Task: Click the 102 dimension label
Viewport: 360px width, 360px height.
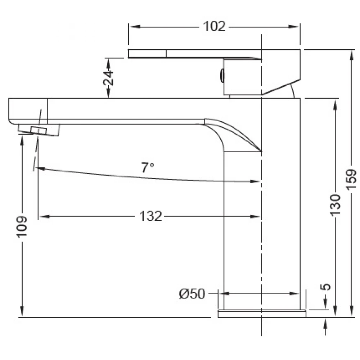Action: coord(214,26)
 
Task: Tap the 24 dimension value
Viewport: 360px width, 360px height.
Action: coord(108,78)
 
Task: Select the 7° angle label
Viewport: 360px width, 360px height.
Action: coord(148,168)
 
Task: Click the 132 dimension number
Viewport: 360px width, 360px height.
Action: coord(150,216)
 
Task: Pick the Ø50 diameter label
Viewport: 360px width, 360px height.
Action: coord(192,294)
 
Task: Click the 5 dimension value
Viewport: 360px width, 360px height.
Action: coord(325,287)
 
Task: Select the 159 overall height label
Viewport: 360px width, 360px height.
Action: coord(351,180)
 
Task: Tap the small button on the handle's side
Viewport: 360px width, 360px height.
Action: coord(222,75)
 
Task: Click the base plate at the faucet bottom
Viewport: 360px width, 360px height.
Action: coord(262,314)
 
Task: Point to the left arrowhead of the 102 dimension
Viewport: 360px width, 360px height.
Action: coord(135,27)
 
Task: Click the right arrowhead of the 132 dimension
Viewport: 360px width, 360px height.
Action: coord(255,216)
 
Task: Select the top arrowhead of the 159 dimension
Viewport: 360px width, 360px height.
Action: coord(351,55)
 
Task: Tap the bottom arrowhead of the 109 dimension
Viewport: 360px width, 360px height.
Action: coord(22,311)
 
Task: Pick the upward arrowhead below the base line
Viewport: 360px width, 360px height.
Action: coord(325,323)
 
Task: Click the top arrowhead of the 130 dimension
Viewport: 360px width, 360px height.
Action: coord(335,105)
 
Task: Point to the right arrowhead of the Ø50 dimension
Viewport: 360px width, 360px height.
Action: coord(294,293)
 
